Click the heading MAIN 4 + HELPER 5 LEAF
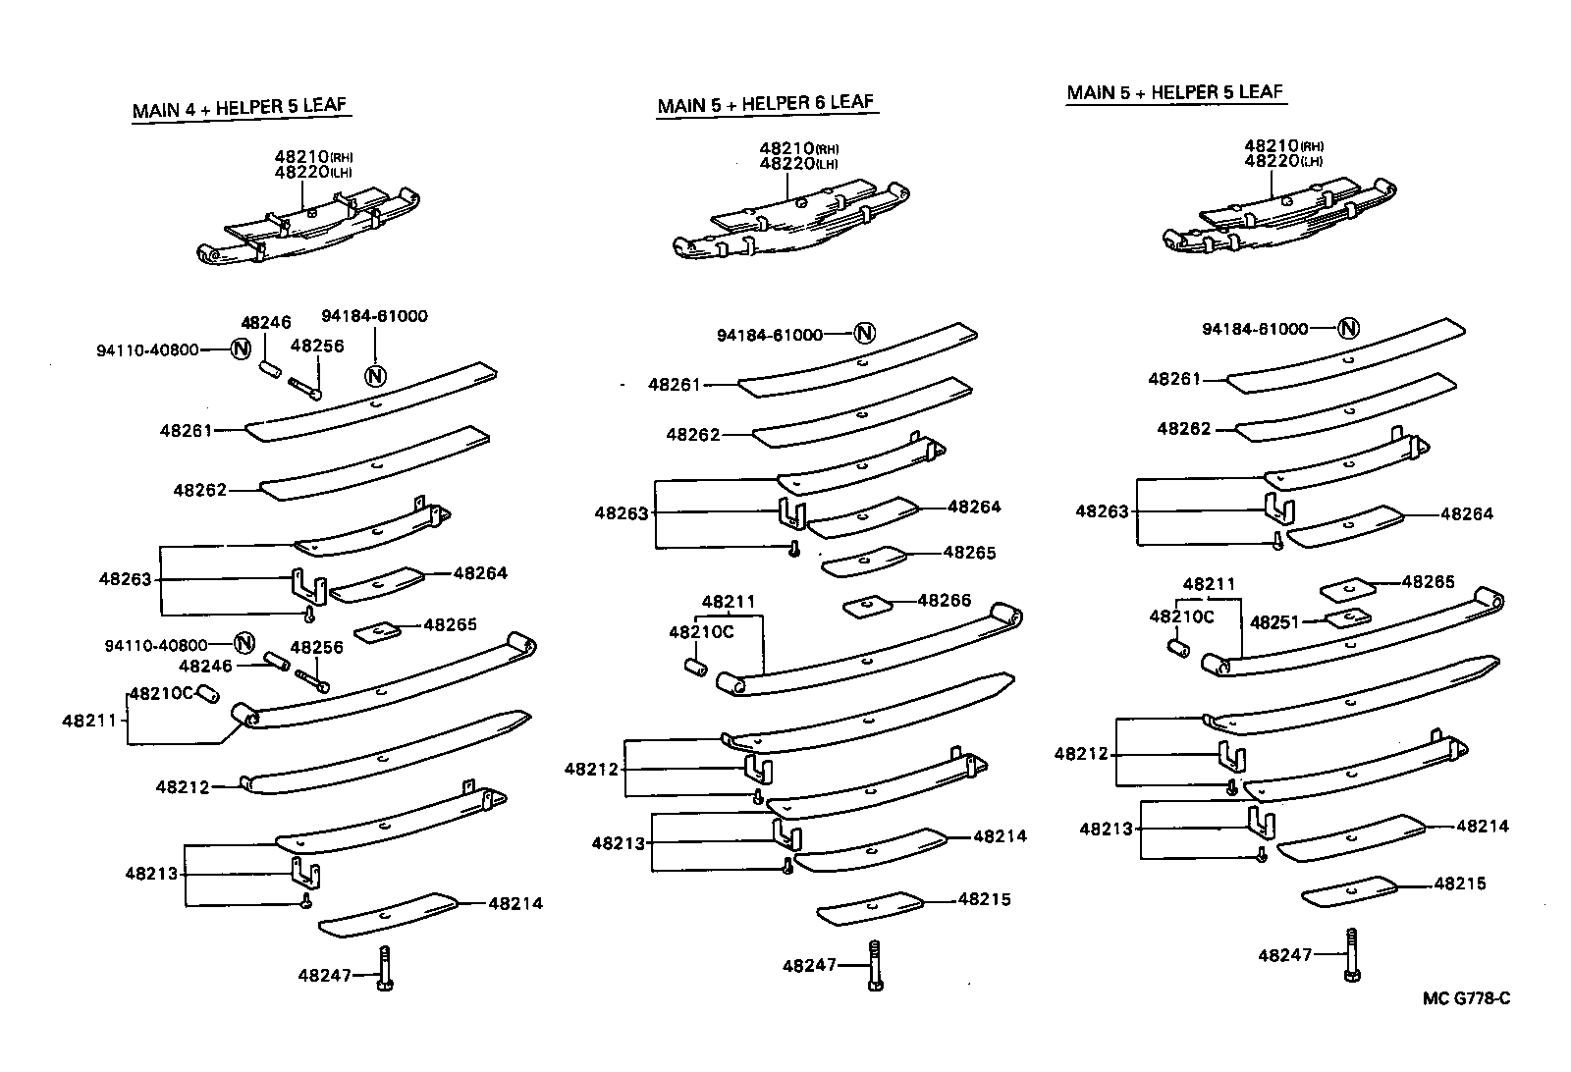click(x=240, y=107)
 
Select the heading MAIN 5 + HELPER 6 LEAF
click(x=766, y=103)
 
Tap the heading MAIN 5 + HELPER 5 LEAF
click(x=1175, y=92)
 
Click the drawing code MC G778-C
click(x=1466, y=999)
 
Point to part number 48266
click(x=944, y=600)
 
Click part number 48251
click(x=1274, y=622)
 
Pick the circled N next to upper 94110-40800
click(x=241, y=348)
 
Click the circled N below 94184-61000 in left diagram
click(x=375, y=374)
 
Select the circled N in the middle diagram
click(x=864, y=334)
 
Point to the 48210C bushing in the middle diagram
click(x=695, y=668)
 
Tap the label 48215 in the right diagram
click(x=1459, y=884)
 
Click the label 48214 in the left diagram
click(x=515, y=903)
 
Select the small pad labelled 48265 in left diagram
click(x=375, y=631)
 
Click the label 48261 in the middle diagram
click(x=675, y=385)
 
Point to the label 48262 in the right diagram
click(x=1183, y=429)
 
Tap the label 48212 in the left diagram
click(x=182, y=786)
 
